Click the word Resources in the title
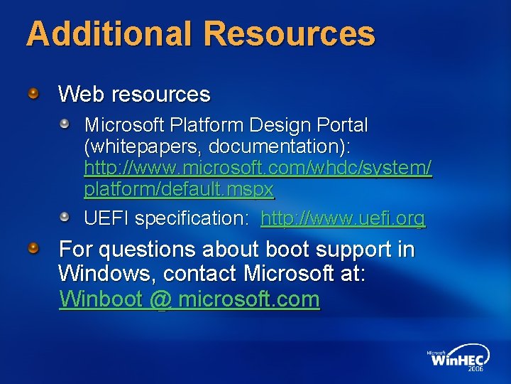point(291,33)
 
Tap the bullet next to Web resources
point(33,93)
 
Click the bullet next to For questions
point(33,248)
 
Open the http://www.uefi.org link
point(344,218)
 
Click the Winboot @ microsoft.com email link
point(189,299)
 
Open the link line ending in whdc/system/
point(258,169)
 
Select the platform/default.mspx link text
point(179,190)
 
